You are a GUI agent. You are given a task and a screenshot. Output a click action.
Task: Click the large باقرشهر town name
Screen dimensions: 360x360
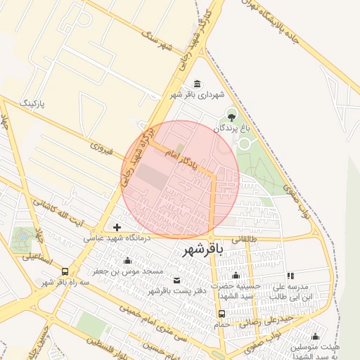tap(202, 250)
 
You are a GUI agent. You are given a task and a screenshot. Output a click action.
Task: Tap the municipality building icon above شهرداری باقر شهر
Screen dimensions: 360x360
tap(196, 84)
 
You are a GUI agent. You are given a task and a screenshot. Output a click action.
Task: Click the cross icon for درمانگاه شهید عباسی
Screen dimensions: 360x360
tap(117, 227)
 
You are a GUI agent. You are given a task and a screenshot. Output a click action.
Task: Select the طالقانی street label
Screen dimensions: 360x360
tap(254, 240)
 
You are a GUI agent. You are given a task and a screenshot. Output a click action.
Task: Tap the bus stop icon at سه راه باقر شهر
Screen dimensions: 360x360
tap(65, 271)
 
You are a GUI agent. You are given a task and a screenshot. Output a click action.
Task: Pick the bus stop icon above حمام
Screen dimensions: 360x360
tap(222, 314)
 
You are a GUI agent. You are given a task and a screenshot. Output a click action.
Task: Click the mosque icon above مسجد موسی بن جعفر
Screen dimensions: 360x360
tap(127, 261)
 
